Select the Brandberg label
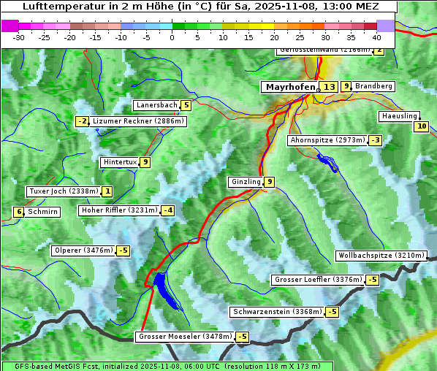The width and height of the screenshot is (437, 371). click(x=373, y=86)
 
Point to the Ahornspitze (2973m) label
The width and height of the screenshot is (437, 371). click(x=327, y=139)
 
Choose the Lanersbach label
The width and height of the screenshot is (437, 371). click(x=156, y=105)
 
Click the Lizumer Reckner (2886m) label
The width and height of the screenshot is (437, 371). click(x=137, y=121)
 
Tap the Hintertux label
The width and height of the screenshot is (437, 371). click(x=120, y=162)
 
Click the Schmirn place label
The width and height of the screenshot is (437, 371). click(x=43, y=212)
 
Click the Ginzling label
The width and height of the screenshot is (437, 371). click(x=246, y=182)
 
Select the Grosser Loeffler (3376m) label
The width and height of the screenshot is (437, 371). click(x=317, y=280)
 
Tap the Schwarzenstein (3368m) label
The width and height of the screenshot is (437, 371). click(x=276, y=312)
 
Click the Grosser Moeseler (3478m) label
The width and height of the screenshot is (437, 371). click(x=185, y=337)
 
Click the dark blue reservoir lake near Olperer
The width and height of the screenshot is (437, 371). click(x=164, y=287)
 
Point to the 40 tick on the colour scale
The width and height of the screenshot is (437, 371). click(x=376, y=37)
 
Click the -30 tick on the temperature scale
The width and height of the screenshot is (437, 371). click(x=19, y=37)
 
